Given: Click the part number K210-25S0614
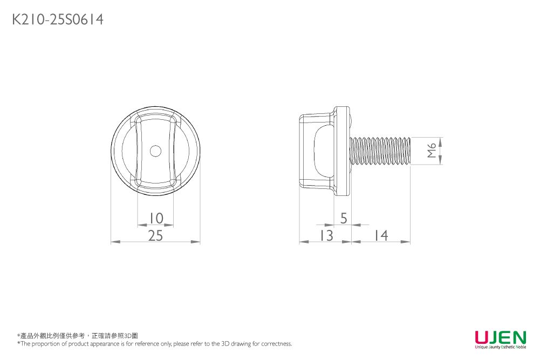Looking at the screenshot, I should [58, 20].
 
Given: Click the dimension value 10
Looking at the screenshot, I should [155, 218].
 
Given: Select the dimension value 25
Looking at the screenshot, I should [155, 235].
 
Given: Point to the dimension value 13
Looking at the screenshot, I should [325, 235].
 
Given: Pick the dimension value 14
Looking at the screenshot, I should [380, 235].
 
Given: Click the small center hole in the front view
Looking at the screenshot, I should [155, 151].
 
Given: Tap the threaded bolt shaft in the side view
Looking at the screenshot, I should [380, 151].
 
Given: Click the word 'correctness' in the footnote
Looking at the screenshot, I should [276, 344].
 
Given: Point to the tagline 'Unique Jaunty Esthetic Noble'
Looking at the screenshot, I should [500, 347].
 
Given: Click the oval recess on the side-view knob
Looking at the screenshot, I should [323, 151].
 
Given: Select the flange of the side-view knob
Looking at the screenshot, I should [341, 151].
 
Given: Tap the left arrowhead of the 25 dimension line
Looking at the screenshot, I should [114, 242].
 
